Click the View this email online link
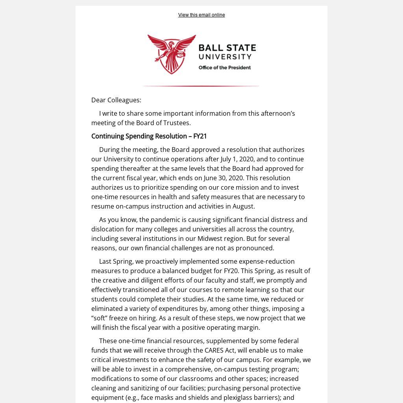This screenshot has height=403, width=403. (x=201, y=15)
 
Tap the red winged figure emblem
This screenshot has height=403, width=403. (x=172, y=54)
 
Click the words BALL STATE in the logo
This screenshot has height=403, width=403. (x=227, y=48)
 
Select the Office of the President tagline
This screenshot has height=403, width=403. (x=224, y=68)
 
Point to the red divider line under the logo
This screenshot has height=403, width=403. (x=201, y=86)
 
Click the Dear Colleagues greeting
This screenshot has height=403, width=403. (x=116, y=100)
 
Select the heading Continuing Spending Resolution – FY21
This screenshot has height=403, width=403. (x=149, y=136)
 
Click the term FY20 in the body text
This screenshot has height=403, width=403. (x=231, y=271)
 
